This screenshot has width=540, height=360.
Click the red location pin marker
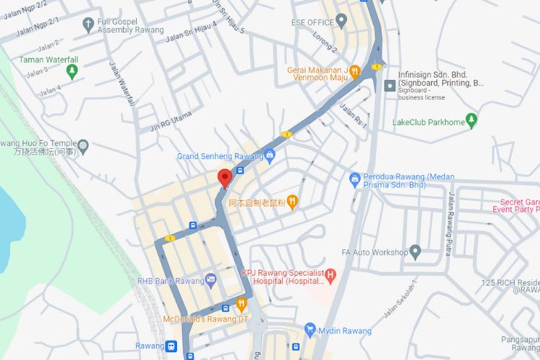click(224, 177)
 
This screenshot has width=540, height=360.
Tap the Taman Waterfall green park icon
click(71, 71)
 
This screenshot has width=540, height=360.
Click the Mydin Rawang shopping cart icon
click(310, 330)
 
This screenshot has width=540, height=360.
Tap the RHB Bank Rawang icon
click(210, 279)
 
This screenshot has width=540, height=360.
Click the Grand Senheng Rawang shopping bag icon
click(269, 155)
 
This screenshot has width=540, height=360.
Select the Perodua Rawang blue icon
click(354, 178)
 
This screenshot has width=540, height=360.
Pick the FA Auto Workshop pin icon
click(415, 251)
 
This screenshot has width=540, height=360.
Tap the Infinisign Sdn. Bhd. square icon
click(390, 85)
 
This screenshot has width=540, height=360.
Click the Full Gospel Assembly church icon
click(88, 25)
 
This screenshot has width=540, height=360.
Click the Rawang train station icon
click(171, 346)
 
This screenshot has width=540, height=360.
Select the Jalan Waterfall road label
click(122, 84)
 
